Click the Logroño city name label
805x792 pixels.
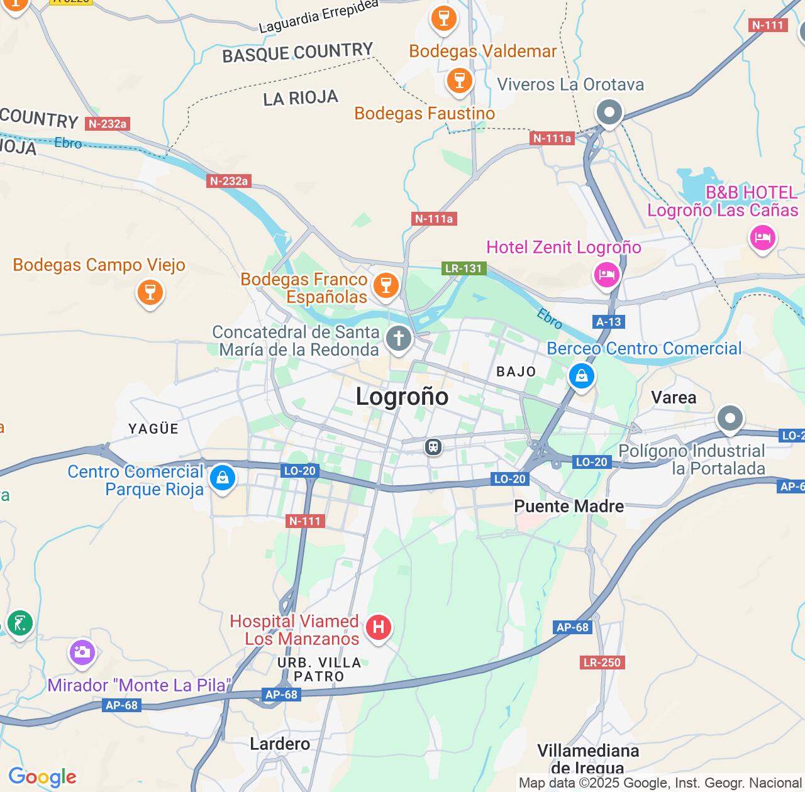click(402, 397)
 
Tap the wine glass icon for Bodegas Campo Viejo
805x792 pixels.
click(150, 292)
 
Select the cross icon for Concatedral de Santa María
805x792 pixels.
click(398, 338)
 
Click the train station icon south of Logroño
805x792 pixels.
click(433, 447)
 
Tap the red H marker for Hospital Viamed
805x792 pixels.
click(378, 627)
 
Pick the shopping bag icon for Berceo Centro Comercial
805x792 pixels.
click(581, 377)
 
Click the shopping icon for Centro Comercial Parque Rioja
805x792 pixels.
click(222, 478)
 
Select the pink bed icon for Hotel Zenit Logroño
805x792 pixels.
click(606, 275)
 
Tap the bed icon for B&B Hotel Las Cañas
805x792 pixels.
click(762, 238)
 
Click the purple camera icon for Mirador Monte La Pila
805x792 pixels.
click(82, 652)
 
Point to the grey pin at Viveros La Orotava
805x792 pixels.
click(609, 113)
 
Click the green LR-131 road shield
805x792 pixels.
click(464, 268)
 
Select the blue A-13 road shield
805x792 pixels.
click(608, 322)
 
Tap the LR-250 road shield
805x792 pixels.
click(602, 662)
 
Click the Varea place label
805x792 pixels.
click(674, 398)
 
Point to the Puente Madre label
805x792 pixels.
click(569, 507)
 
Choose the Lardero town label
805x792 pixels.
click(280, 744)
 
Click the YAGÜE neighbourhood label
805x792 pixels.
click(153, 429)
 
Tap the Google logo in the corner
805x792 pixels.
click(42, 778)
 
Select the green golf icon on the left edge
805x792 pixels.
click(20, 623)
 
